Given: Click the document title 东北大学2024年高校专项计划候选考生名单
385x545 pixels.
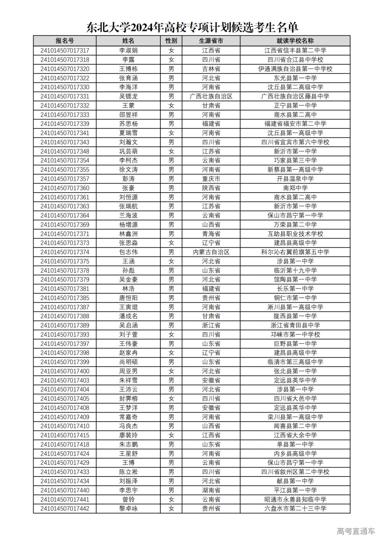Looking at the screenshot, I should pyautogui.click(x=192, y=27).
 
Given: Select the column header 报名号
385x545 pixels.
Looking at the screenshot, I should pyautogui.click(x=65, y=41).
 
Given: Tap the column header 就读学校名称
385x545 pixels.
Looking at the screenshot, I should pyautogui.click(x=295, y=41).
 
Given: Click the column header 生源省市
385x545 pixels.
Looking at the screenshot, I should pyautogui.click(x=211, y=41).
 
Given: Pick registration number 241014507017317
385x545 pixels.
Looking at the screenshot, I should pyautogui.click(x=65, y=51).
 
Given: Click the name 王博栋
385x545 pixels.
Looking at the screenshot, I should pyautogui.click(x=128, y=69).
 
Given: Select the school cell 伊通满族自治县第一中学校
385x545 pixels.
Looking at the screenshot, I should pyautogui.click(x=295, y=69).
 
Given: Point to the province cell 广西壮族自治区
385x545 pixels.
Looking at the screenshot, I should pyautogui.click(x=211, y=96).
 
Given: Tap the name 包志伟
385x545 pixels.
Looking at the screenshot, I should pyautogui.click(x=128, y=252).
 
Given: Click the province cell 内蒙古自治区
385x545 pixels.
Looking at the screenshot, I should pyautogui.click(x=211, y=252).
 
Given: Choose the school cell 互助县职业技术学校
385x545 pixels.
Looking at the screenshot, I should pyautogui.click(x=295, y=234).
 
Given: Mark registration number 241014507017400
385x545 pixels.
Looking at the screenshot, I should pyautogui.click(x=65, y=371).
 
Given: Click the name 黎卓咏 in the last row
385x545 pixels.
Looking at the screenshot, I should pyautogui.click(x=128, y=509).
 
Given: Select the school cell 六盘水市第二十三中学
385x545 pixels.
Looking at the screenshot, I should pyautogui.click(x=295, y=509).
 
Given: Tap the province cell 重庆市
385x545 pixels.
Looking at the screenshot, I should pyautogui.click(x=211, y=179).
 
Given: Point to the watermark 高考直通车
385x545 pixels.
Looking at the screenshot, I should pyautogui.click(x=356, y=531).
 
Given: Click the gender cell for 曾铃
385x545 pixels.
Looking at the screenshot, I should pyautogui.click(x=171, y=500).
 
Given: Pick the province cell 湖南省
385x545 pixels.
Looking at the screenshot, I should pyautogui.click(x=211, y=490).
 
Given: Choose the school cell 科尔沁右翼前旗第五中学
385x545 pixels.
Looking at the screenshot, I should pyautogui.click(x=295, y=252).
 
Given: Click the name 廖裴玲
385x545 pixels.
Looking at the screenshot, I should pyautogui.click(x=128, y=435).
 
